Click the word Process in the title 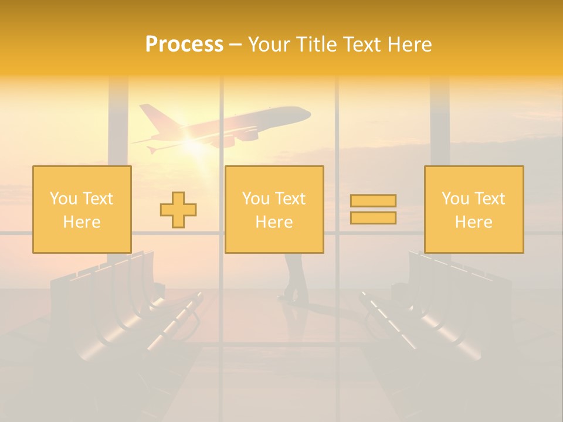184,45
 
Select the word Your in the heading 269,45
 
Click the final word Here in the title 410,45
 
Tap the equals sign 373,209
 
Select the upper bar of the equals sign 373,201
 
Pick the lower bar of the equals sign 373,217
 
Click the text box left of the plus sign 82,209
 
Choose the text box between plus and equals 274,209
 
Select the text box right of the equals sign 473,209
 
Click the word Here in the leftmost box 82,222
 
